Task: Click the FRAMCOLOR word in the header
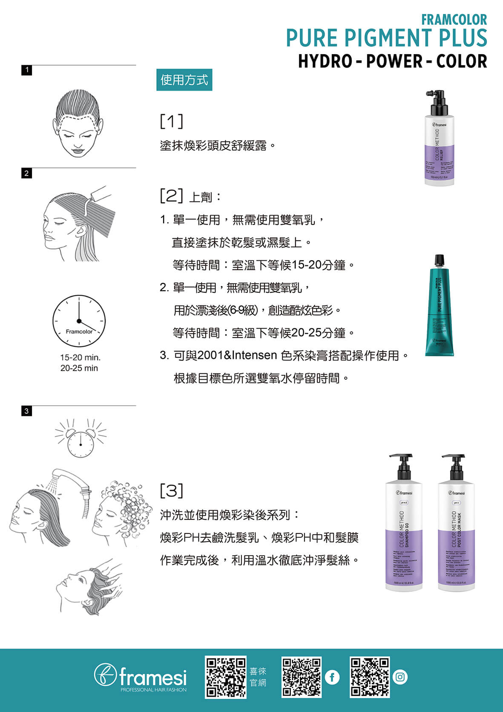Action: pyautogui.click(x=454, y=20)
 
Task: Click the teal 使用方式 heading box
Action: pyautogui.click(x=184, y=80)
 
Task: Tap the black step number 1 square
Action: pyautogui.click(x=26, y=70)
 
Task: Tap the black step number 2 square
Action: pyautogui.click(x=26, y=173)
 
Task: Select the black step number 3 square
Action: pyautogui.click(x=26, y=411)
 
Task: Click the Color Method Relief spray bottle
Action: pyautogui.click(x=439, y=138)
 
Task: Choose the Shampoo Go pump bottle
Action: pyautogui.click(x=404, y=524)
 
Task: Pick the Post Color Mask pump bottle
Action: pyautogui.click(x=456, y=524)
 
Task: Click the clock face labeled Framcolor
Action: pyautogui.click(x=79, y=320)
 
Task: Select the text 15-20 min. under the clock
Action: pyautogui.click(x=80, y=357)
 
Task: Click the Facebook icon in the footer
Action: pyautogui.click(x=332, y=677)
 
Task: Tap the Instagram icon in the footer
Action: pyautogui.click(x=400, y=677)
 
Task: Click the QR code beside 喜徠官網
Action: pyautogui.click(x=226, y=677)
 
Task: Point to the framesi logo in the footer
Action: pyautogui.click(x=141, y=677)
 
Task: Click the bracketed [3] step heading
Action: pyautogui.click(x=172, y=490)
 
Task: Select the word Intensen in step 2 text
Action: pyautogui.click(x=254, y=355)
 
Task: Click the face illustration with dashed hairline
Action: pyautogui.click(x=78, y=124)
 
